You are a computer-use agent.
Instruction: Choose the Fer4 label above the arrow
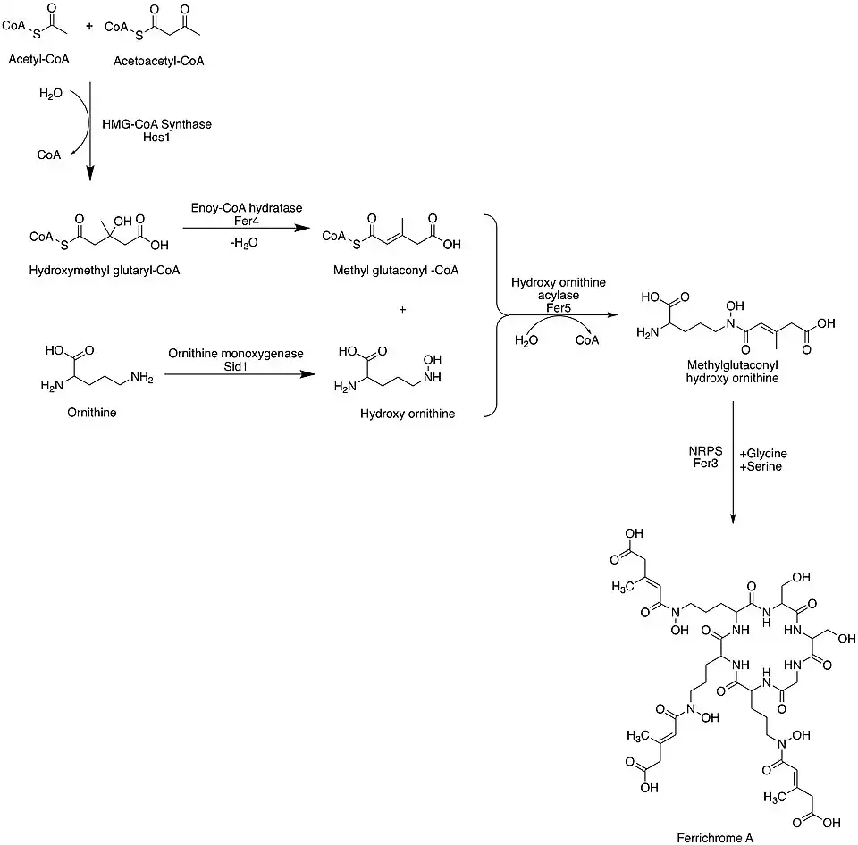coord(247,220)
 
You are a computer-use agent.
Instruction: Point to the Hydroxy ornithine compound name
coord(408,414)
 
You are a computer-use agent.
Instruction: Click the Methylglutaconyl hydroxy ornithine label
coord(732,372)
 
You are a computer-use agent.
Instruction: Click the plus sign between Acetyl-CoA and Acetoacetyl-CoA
coord(88,27)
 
